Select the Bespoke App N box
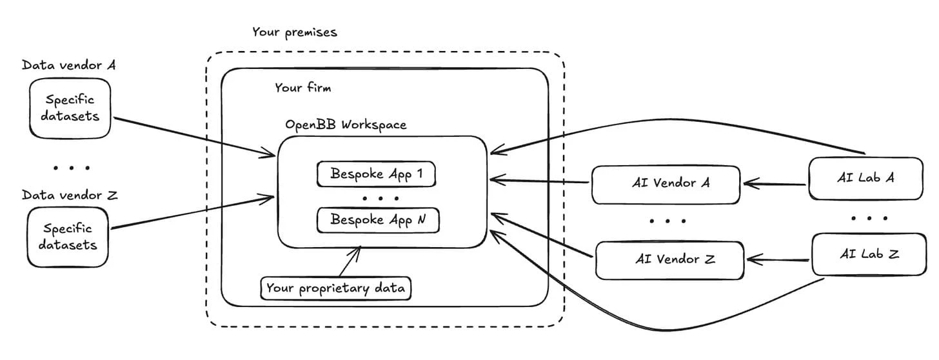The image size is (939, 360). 378,220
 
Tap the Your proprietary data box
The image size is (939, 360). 335,288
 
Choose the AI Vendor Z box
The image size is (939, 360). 670,260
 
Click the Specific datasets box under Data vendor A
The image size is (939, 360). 68,108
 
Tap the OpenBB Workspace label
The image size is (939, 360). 346,125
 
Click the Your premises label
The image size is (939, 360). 294,32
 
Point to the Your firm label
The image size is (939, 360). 302,87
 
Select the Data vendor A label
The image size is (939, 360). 68,65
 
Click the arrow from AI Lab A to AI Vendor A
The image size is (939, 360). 774,184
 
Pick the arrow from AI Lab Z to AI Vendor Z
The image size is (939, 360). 777,261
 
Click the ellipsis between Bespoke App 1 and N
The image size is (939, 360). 381,198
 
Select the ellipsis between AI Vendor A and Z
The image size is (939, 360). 667,221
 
